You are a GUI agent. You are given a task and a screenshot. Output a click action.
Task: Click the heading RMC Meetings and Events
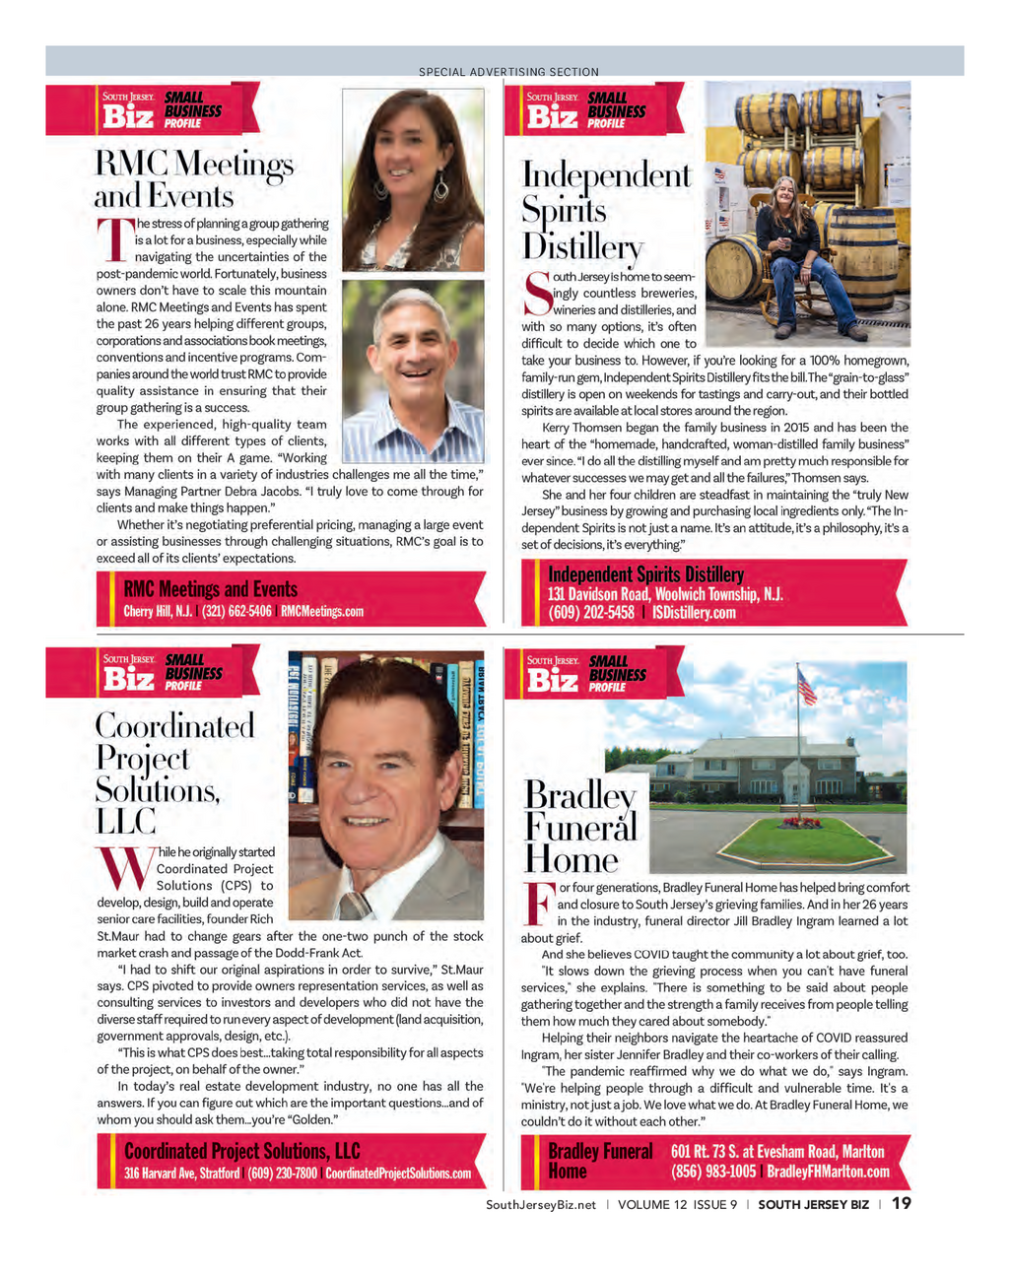[x=194, y=178]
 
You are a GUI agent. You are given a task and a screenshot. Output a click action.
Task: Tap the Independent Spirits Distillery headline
[x=606, y=210]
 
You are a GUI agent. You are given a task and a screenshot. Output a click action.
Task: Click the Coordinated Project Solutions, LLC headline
[x=174, y=774]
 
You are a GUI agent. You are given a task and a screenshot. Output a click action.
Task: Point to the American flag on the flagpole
[x=807, y=686]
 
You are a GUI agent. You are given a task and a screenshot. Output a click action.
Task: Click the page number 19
[x=901, y=1203]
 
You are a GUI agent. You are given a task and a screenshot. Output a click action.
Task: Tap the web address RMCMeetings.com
[x=322, y=612]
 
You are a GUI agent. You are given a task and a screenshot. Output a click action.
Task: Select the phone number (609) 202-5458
[x=591, y=613]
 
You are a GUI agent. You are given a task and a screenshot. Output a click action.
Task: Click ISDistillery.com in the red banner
[x=694, y=613]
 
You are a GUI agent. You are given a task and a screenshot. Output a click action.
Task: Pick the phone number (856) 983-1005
[x=713, y=1172]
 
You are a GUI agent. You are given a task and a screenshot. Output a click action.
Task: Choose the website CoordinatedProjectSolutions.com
[x=398, y=1174]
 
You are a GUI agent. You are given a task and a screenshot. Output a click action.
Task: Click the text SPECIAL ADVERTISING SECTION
[x=508, y=72]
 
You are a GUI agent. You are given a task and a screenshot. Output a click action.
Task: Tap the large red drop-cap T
[x=114, y=240]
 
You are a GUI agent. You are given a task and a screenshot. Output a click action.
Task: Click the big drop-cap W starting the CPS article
[x=125, y=868]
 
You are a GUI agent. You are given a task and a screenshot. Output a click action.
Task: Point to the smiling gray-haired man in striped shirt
[x=414, y=370]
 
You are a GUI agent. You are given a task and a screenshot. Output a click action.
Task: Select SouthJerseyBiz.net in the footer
[x=541, y=1204]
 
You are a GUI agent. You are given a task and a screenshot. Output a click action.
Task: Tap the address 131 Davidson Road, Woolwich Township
[x=665, y=594]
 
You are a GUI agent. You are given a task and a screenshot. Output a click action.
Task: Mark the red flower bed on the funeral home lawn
[x=801, y=822]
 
